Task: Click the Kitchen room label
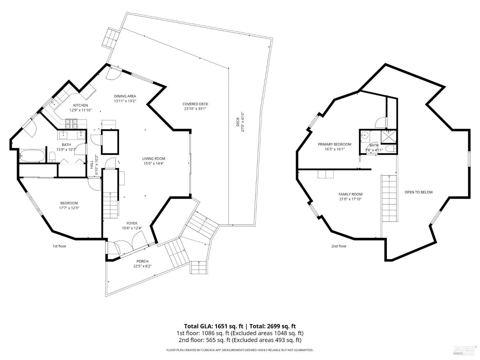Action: coord(80,105)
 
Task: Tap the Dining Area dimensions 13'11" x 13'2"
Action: coord(125,101)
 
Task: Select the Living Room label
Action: coord(154,158)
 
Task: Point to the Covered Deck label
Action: coord(195,104)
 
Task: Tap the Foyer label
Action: coord(132,223)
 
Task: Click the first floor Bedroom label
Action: coord(69,203)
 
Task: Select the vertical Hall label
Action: coord(92,165)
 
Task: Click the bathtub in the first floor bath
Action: coord(32,156)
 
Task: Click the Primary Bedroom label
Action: coord(334,144)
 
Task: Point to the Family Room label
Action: coord(350,194)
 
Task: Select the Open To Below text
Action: coord(419,192)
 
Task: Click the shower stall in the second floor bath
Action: coord(388,137)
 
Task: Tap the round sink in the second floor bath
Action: coord(364,136)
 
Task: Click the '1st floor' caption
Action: coord(59,246)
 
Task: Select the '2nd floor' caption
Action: coord(339,246)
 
